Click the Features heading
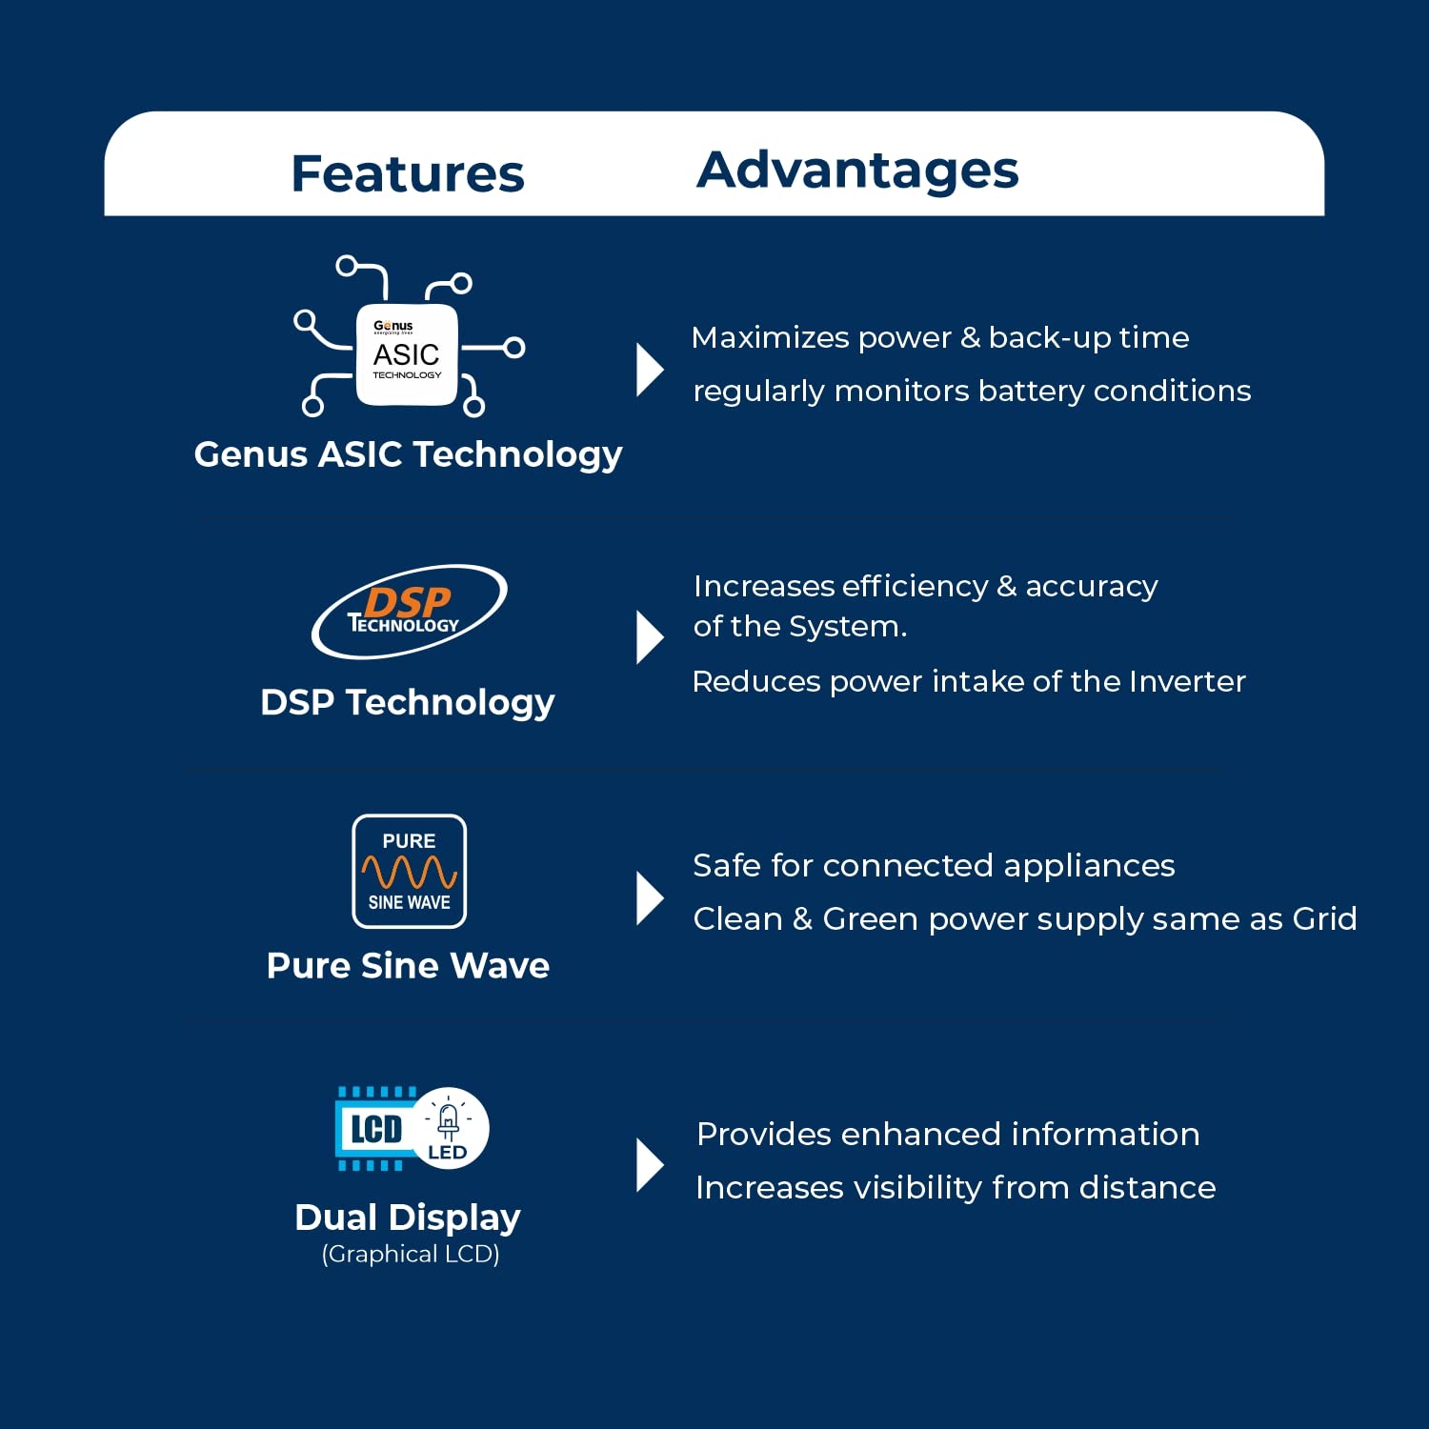pos(408,173)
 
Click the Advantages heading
pos(857,171)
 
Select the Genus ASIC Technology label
pos(408,454)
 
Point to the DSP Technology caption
pos(408,703)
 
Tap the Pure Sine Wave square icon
pos(410,871)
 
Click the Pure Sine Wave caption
pos(408,965)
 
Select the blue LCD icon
pos(376,1129)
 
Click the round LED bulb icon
pos(451,1128)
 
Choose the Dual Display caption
pos(408,1218)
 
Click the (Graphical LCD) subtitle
pos(411,1254)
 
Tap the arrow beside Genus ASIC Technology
pos(650,370)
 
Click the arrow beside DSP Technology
pos(650,637)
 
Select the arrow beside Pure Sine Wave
pos(650,898)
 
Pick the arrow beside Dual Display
pos(650,1165)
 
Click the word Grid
pos(1324,918)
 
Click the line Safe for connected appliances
pos(934,866)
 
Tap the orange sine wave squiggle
pos(410,872)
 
